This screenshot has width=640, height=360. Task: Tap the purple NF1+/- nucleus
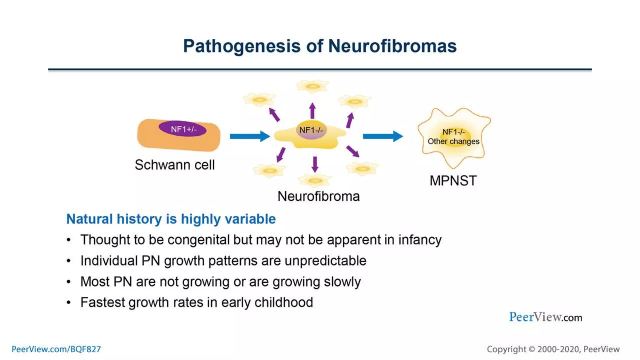pos(182,129)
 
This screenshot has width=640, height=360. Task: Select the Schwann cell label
pos(175,165)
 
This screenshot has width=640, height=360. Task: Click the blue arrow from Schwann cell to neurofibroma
pos(249,136)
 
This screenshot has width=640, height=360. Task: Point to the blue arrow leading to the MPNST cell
pos(382,136)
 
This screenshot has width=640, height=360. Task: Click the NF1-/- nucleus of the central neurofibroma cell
pos(311,130)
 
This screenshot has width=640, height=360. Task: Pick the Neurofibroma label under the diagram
pos(318,196)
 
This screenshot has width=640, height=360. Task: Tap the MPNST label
pos(453,181)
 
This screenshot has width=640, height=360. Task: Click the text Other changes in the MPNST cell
pos(453,142)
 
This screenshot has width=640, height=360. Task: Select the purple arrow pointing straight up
pos(312,111)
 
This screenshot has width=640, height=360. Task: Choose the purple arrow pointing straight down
pos(315,164)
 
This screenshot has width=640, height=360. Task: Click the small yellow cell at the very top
pos(312,86)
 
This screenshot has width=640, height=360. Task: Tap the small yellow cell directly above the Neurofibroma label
pos(315,181)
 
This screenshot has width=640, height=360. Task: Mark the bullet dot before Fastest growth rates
pos(69,302)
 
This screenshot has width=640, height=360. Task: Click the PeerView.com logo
pos(545,317)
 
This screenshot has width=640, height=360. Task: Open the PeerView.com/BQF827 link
pos(56,349)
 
